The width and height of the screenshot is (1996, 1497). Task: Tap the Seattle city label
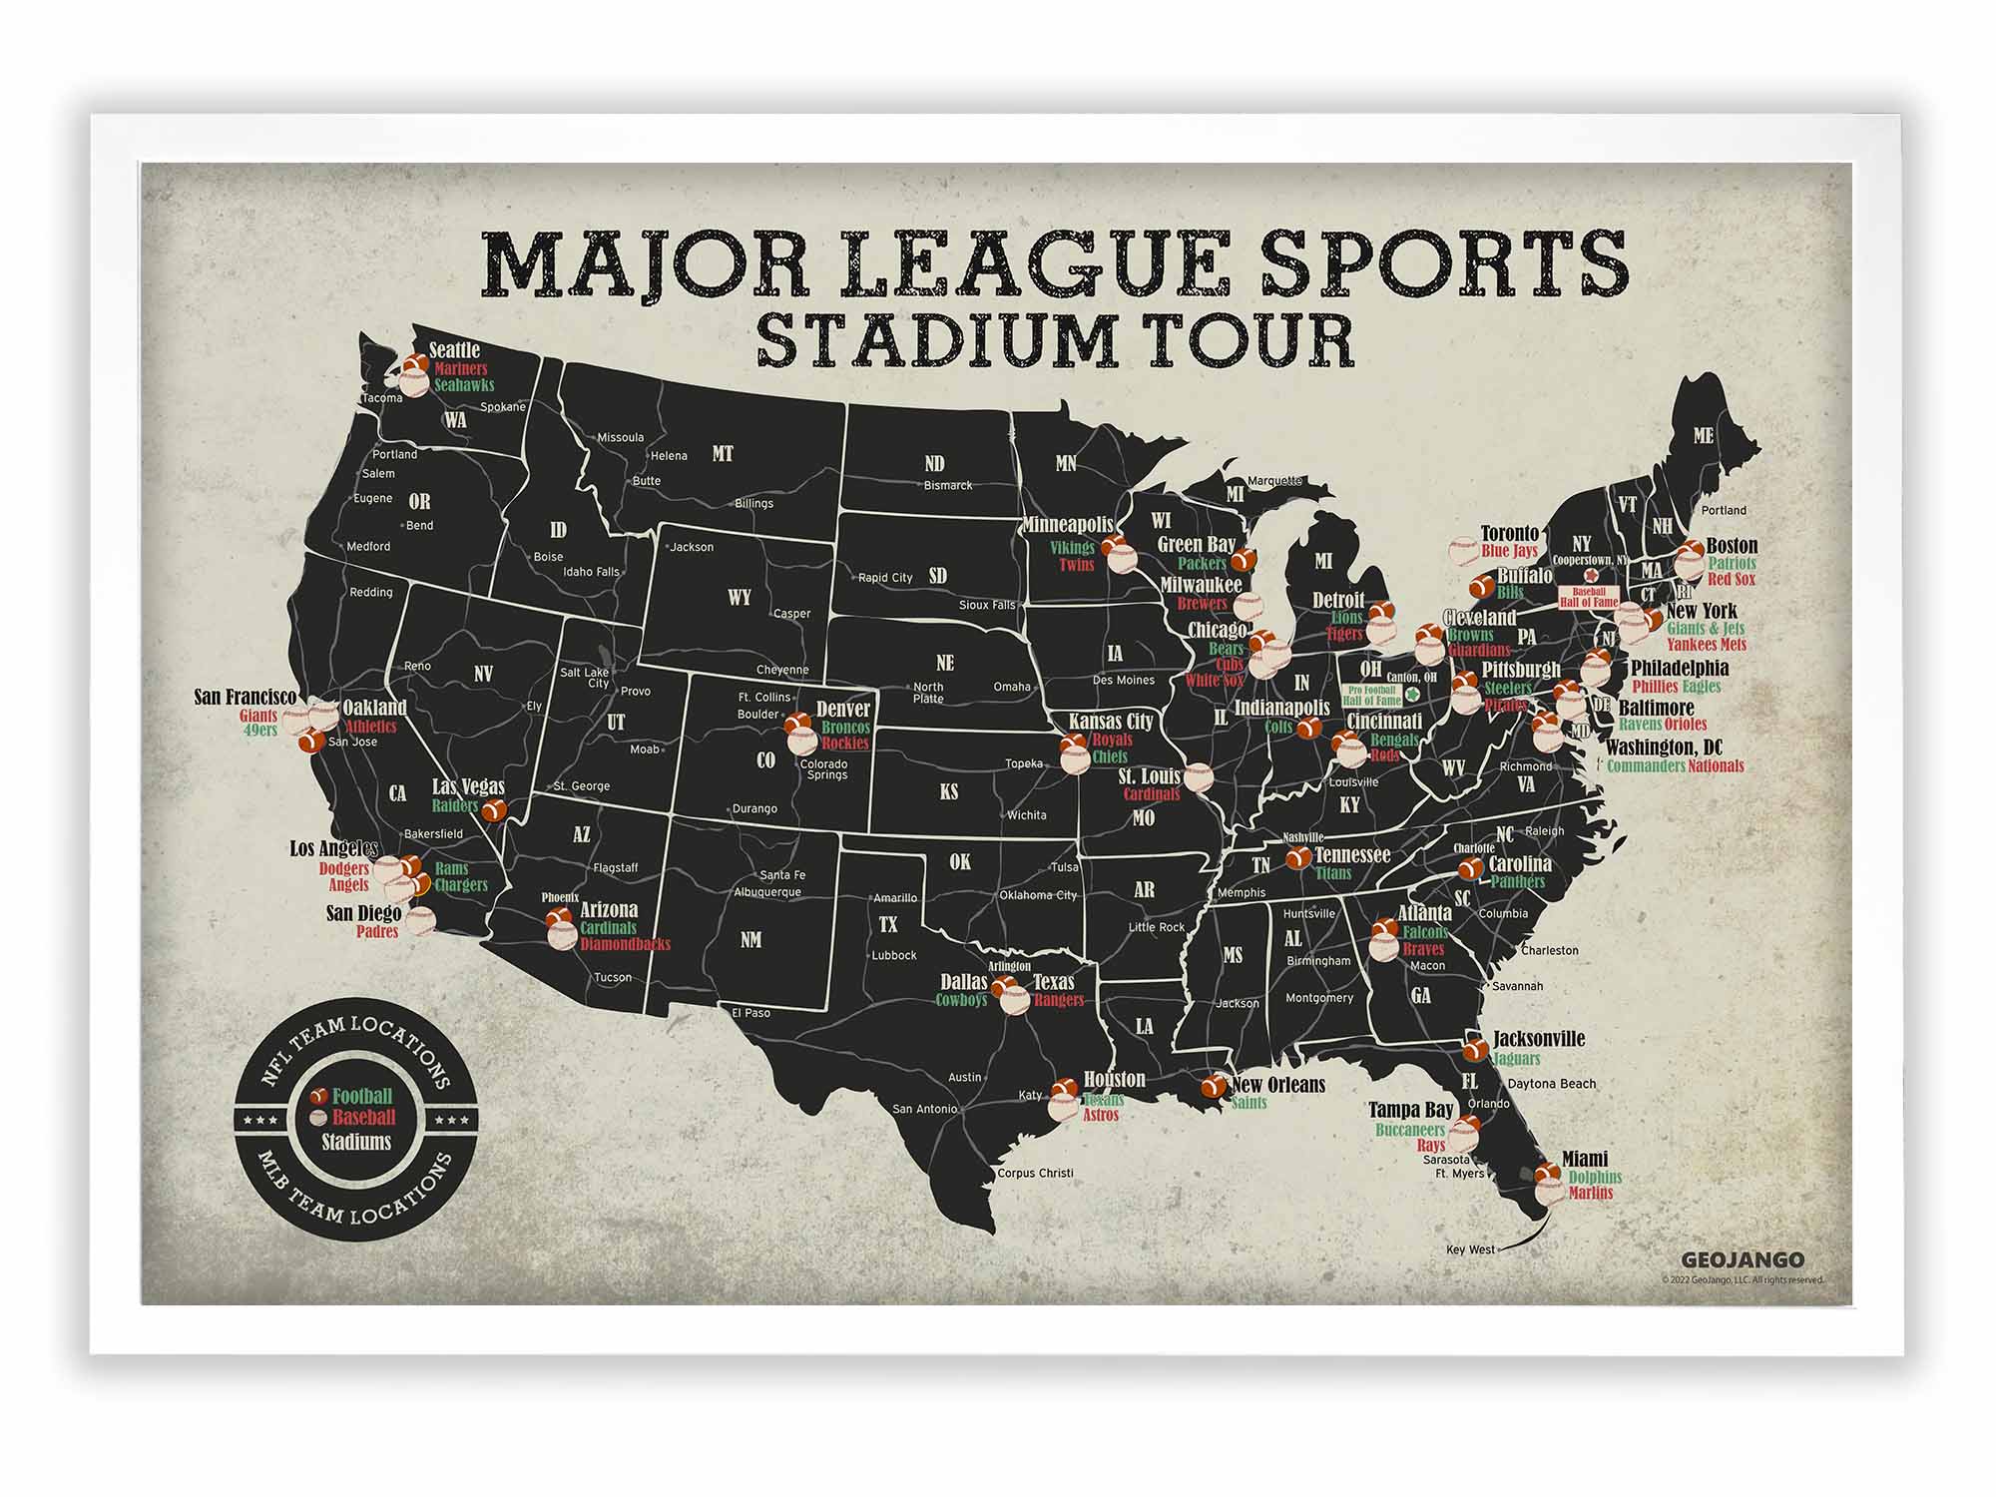(454, 350)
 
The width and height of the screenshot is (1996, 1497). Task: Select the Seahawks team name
(464, 385)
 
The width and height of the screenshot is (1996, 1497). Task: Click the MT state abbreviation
(723, 454)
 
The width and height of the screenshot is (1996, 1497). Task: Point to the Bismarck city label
(947, 486)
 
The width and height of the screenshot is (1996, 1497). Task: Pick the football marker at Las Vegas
(494, 810)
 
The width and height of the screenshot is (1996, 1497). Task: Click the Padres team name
(377, 932)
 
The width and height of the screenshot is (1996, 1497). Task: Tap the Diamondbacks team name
(625, 944)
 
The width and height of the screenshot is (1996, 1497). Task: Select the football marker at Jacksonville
(1475, 1051)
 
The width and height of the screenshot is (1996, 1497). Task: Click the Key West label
(1470, 1249)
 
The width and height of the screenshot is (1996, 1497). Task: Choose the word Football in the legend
(362, 1097)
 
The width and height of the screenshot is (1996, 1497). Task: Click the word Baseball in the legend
(363, 1118)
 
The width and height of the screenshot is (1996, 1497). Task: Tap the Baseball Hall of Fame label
(1588, 598)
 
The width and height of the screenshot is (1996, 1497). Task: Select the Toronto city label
(1509, 534)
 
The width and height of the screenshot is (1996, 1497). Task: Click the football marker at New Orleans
(1215, 1086)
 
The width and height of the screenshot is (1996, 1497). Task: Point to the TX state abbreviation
(887, 925)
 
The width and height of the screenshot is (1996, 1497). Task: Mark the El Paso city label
(750, 1013)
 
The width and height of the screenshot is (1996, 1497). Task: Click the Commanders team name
(1646, 766)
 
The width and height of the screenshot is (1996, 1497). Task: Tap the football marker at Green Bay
(1244, 560)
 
